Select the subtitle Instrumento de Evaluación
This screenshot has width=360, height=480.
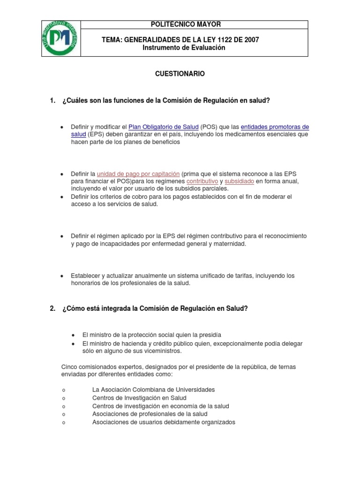point(184,48)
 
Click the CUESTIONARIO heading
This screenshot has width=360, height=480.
point(180,74)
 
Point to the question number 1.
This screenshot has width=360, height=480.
point(52,100)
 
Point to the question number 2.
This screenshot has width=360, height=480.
point(52,308)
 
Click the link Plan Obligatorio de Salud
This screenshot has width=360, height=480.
point(163,127)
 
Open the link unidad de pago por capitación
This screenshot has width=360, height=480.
point(138,174)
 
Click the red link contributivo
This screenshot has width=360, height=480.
point(202,181)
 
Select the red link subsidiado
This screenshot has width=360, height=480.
point(239,181)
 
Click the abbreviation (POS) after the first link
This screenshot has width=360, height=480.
point(209,127)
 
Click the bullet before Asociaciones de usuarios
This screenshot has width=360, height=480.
point(63,423)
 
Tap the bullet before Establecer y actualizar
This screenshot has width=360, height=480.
point(62,276)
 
